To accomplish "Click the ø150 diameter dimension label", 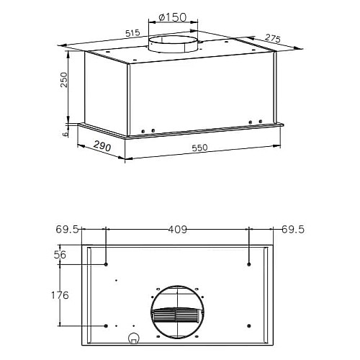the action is [x=173, y=17].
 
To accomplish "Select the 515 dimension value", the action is [x=132, y=33].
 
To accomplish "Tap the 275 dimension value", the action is [x=273, y=38].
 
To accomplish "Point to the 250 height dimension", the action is [x=64, y=80].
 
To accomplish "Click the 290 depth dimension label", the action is [x=102, y=146].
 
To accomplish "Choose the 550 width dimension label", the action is [x=199, y=148].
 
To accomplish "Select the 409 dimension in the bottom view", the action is [x=177, y=230].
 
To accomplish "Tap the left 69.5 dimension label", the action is [x=67, y=230].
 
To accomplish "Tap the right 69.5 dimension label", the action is [x=293, y=230].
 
